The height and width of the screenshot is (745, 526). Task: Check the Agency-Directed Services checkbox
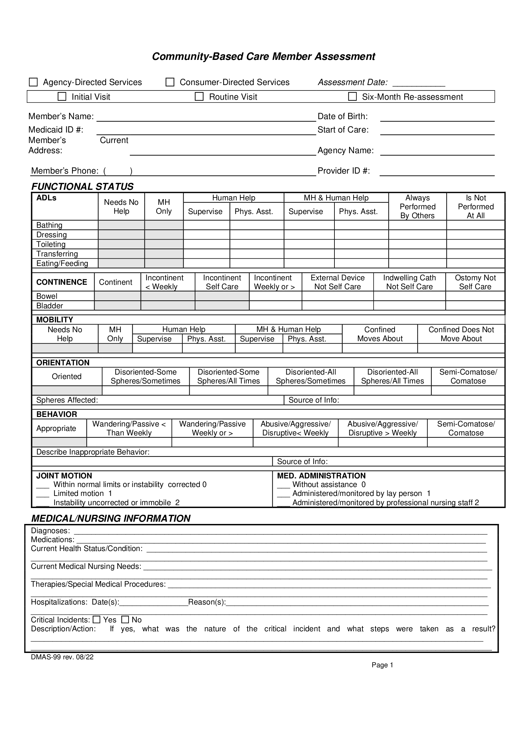(33, 82)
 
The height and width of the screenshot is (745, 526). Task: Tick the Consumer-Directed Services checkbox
(170, 82)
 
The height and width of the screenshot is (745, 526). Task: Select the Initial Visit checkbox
(62, 97)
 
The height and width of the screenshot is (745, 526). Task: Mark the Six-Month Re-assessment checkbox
(352, 97)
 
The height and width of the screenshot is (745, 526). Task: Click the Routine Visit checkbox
(199, 97)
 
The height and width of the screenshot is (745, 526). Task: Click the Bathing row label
(49, 225)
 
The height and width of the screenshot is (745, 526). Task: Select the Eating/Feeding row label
(62, 263)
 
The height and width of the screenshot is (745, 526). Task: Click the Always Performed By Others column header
(417, 207)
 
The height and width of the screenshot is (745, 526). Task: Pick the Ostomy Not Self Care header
(475, 282)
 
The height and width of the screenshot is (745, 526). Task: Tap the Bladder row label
(50, 306)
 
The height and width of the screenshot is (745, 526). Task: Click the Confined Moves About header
(380, 334)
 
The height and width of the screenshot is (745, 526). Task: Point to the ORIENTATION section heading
(63, 362)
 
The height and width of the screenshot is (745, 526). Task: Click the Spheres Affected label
(67, 400)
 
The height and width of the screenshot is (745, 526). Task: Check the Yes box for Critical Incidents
(97, 620)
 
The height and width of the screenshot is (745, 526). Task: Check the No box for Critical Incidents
(125, 620)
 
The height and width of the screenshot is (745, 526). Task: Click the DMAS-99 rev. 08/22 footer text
(62, 657)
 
